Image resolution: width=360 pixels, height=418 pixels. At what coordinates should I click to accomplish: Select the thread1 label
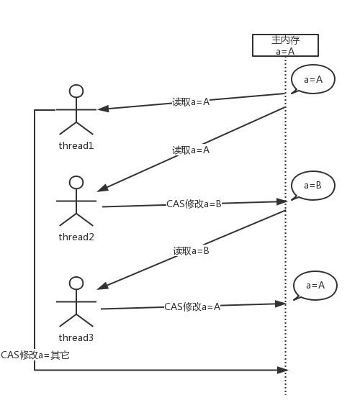click(76, 145)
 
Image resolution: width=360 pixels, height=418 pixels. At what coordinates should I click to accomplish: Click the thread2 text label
click(76, 237)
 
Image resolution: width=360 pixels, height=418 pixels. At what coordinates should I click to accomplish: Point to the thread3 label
click(76, 337)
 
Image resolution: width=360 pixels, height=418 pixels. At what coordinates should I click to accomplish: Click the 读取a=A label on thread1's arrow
click(191, 102)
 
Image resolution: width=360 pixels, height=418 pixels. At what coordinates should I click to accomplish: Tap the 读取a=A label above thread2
click(191, 150)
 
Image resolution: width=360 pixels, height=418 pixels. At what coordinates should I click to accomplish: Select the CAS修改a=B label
click(194, 204)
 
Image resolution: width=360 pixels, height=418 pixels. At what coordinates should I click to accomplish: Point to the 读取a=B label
click(191, 251)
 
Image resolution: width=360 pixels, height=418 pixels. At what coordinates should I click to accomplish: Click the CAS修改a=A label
click(192, 306)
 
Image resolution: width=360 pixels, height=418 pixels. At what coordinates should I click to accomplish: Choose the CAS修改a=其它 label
click(35, 355)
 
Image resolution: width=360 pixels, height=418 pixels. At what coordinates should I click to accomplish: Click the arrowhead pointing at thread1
click(103, 109)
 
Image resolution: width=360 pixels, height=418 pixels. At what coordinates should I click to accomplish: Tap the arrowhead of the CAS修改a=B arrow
click(281, 201)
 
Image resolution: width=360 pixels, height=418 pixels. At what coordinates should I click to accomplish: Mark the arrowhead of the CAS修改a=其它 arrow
click(283, 370)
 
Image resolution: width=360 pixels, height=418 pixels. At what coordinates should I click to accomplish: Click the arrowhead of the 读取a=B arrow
click(103, 286)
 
